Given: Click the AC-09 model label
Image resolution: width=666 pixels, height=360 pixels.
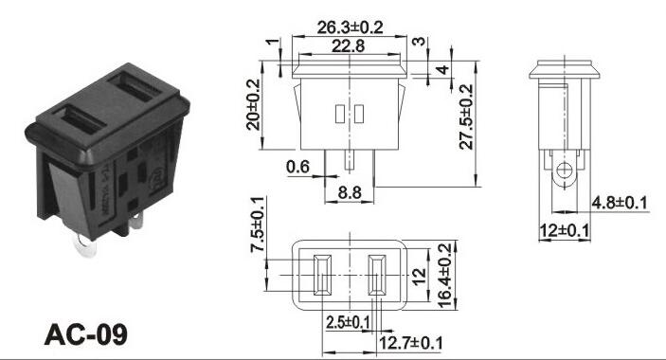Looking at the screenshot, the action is (86, 334).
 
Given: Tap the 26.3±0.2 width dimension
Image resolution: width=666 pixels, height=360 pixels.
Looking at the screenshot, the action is (350, 27).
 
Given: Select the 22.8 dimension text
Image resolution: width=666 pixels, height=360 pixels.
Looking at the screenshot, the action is (348, 45).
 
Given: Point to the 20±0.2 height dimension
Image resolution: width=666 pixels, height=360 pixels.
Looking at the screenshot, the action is (254, 104).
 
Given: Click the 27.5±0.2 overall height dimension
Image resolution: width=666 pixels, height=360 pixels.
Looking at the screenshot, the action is (466, 117).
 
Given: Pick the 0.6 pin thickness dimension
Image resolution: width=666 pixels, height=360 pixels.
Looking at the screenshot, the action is (297, 167).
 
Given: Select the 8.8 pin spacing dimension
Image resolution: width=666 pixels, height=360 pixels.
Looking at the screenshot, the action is (350, 192).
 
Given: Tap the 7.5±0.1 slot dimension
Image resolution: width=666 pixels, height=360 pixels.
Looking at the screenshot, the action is (257, 225).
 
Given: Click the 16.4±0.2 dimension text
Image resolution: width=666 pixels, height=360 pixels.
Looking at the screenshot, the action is (443, 275).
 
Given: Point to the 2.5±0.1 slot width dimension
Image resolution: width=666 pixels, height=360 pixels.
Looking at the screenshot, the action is (348, 323).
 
